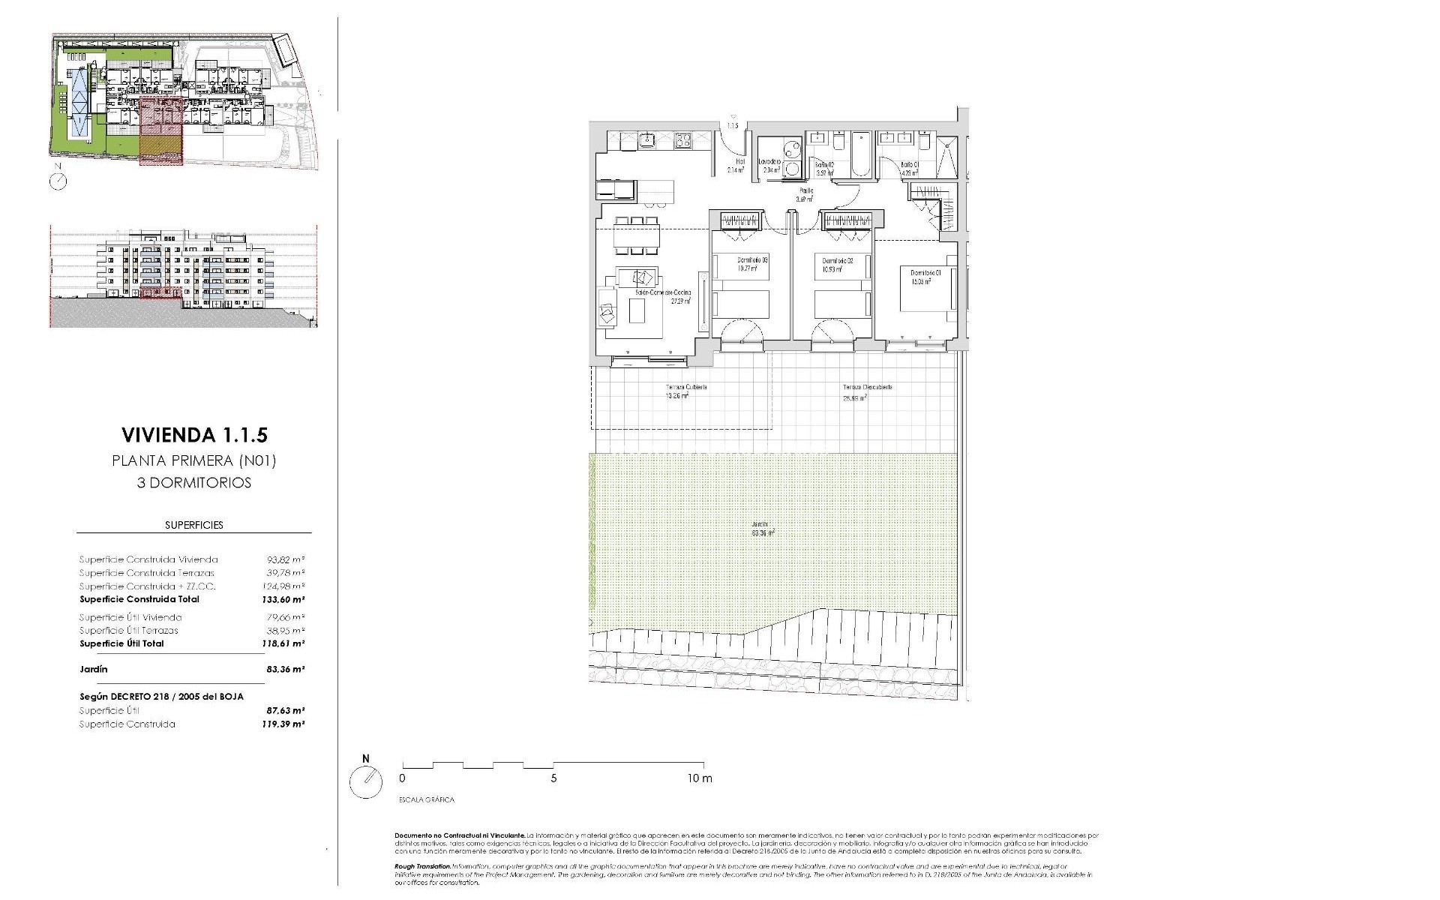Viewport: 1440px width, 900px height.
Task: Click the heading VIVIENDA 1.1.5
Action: tap(194, 435)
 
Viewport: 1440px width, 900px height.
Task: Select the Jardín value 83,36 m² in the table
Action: tap(286, 669)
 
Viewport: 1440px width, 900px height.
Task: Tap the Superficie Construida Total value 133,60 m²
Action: tap(286, 599)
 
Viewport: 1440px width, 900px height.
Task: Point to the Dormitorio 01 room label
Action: tap(925, 273)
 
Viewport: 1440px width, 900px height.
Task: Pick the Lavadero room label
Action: tap(770, 162)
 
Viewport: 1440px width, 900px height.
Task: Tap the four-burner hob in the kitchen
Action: tap(683, 139)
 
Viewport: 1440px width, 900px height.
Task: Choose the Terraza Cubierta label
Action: tap(686, 388)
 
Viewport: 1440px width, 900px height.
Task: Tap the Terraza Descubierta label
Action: tap(867, 388)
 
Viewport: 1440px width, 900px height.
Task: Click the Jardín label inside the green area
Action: tap(761, 525)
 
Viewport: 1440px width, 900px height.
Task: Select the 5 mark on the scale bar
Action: tap(553, 778)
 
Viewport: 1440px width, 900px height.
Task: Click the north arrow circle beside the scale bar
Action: tap(366, 782)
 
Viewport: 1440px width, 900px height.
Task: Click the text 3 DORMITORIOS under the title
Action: tap(194, 483)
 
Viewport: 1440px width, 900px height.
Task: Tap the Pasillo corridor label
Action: tap(806, 191)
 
